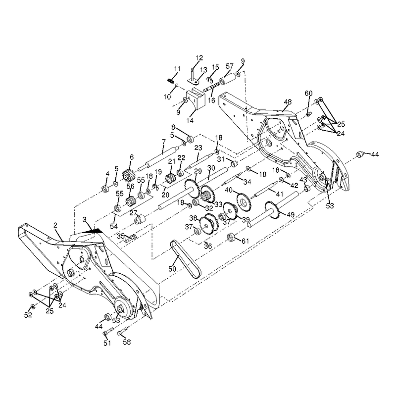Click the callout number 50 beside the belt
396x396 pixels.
[172, 268]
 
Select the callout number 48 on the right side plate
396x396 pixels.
[288, 102]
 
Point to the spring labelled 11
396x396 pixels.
[171, 81]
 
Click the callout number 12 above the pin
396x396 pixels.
[199, 58]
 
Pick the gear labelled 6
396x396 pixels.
[128, 175]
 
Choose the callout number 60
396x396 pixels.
[308, 94]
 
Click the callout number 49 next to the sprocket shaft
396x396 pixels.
[291, 214]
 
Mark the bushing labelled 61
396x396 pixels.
[231, 238]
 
